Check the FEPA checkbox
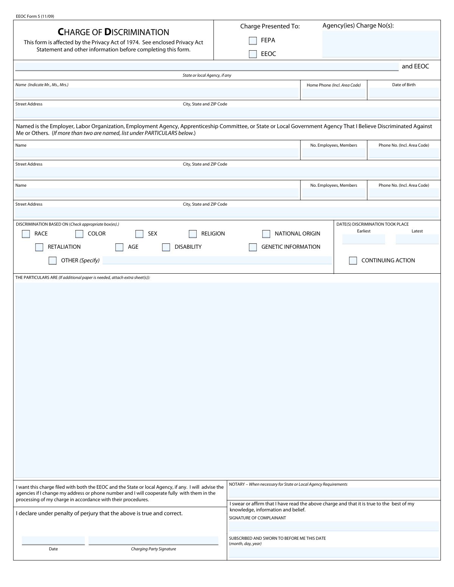point(253,40)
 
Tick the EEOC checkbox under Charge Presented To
point(253,54)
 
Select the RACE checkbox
point(26,234)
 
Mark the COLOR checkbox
point(79,234)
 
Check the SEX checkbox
point(139,234)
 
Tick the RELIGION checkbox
point(193,234)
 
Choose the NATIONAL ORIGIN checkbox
point(266,234)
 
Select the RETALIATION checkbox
point(39,247)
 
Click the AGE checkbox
point(119,247)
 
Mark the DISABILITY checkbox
point(166,247)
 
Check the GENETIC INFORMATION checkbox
point(253,247)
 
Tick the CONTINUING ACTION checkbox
point(353,260)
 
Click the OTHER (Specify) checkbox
point(52,260)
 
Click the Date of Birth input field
point(404,93)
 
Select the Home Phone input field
point(334,93)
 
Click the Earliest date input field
point(364,239)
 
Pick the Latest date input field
point(417,239)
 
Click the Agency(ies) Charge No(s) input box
point(380,44)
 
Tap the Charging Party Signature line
point(153,541)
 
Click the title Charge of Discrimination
point(113,32)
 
